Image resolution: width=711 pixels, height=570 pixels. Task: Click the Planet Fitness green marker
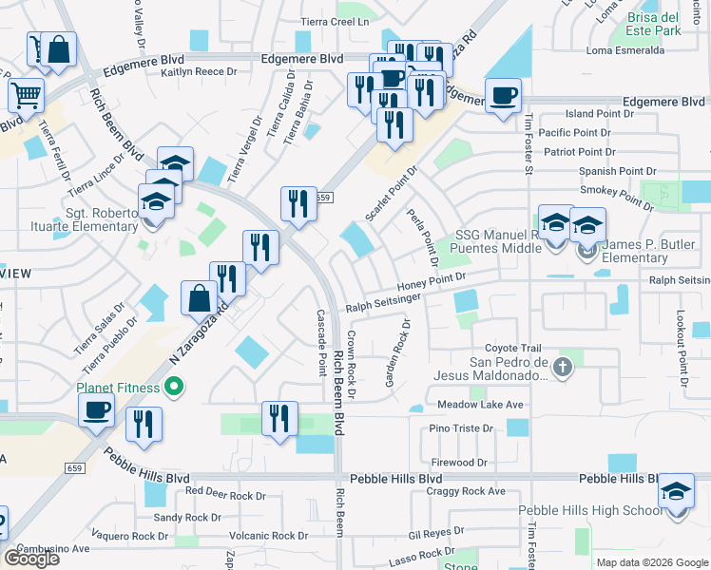(x=173, y=386)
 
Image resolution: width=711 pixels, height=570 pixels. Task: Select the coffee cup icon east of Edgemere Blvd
(x=503, y=96)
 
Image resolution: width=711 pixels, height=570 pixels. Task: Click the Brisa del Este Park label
(x=666, y=24)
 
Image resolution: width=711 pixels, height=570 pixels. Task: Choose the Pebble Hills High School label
(x=590, y=510)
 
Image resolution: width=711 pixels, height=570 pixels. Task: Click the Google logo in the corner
(x=31, y=559)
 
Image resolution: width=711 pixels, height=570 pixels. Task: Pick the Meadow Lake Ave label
(x=480, y=405)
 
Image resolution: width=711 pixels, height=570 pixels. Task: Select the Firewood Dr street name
(x=458, y=463)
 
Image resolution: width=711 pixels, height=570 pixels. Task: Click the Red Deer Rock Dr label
(x=225, y=495)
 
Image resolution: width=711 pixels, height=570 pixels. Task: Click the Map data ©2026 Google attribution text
(x=652, y=562)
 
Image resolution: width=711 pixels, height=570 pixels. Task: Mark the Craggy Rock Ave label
(x=466, y=491)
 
